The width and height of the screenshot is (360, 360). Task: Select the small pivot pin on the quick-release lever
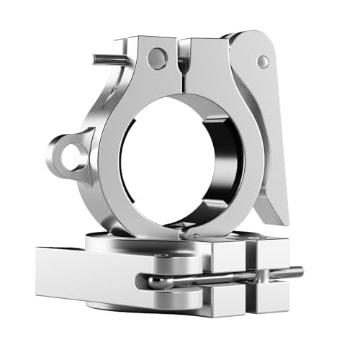(264, 62)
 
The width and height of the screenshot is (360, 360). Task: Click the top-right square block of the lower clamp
(270, 248)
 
